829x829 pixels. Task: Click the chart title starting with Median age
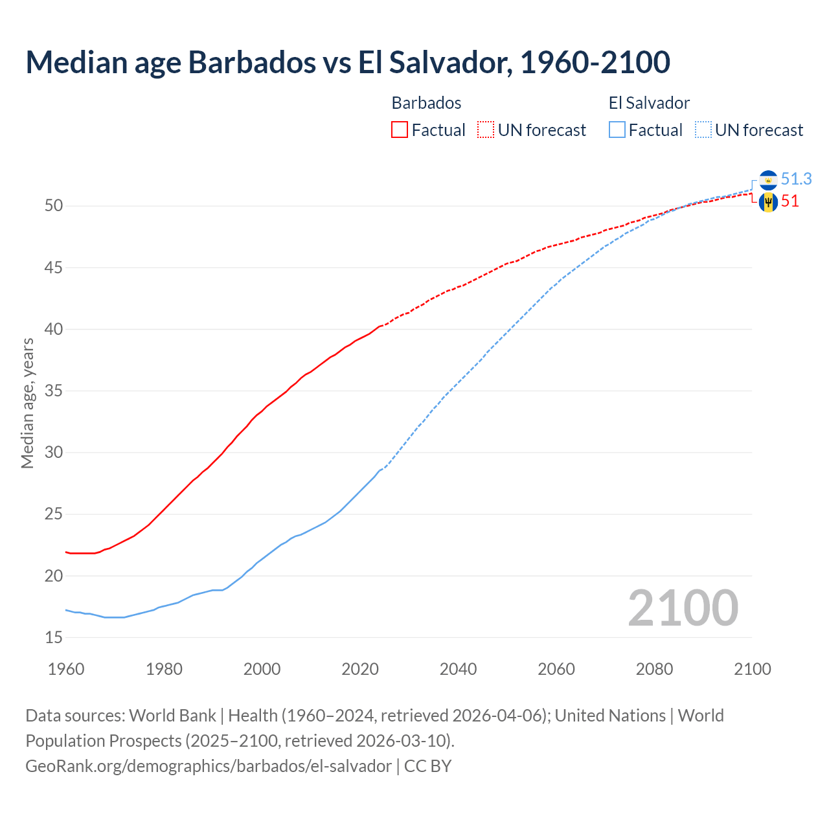[x=348, y=62]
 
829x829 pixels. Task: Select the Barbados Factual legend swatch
[x=400, y=130]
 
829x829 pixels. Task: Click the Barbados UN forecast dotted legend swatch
[x=486, y=130]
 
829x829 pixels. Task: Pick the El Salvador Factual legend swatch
[x=617, y=130]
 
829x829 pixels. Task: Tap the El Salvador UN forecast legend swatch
[x=703, y=130]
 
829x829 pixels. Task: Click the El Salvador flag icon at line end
[x=768, y=179]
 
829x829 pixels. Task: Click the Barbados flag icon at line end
[x=768, y=202]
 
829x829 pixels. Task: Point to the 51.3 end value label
[x=796, y=179]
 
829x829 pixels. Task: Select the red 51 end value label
[x=790, y=201]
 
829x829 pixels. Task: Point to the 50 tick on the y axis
[x=54, y=206]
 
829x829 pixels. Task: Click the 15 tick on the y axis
[x=54, y=637]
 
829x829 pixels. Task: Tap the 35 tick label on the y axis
[x=54, y=391]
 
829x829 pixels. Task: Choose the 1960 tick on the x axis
[x=66, y=669]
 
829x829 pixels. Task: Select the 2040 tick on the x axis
[x=458, y=669]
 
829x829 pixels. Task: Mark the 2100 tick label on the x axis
[x=752, y=669]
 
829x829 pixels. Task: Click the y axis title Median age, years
[x=27, y=403]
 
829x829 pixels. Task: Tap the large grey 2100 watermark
[x=683, y=608]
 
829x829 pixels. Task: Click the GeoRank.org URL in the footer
[x=208, y=766]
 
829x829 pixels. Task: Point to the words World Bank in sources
[x=172, y=715]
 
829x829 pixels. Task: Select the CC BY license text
[x=427, y=766]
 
